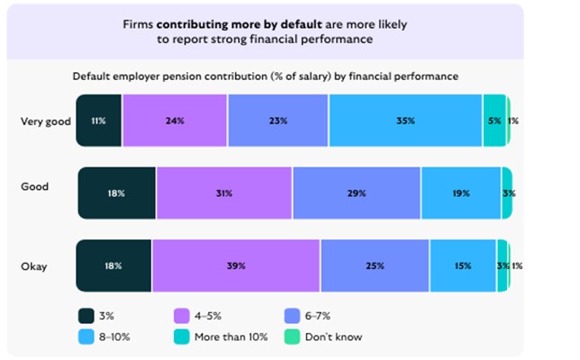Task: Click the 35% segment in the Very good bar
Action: point(405,120)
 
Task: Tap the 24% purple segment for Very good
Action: point(175,120)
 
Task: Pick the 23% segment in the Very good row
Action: point(278,120)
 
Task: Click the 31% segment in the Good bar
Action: point(223,193)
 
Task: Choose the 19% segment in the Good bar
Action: point(460,193)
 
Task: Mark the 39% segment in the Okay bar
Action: point(236,265)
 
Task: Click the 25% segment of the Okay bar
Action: point(375,265)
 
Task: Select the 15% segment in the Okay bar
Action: point(463,265)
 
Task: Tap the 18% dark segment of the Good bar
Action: point(117,193)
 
